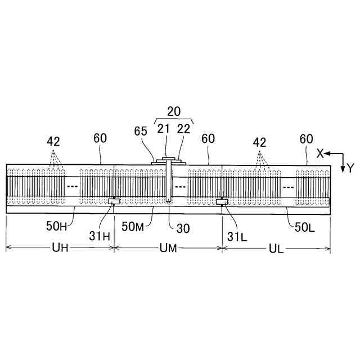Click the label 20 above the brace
[173, 111]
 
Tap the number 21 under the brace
[164, 129]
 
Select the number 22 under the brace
[183, 129]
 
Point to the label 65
[141, 131]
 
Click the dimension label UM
[168, 249]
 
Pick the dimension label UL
[276, 249]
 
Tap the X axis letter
[320, 154]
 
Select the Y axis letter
[349, 168]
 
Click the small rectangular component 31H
[113, 201]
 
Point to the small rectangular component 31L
[222, 201]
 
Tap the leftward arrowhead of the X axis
[327, 154]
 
